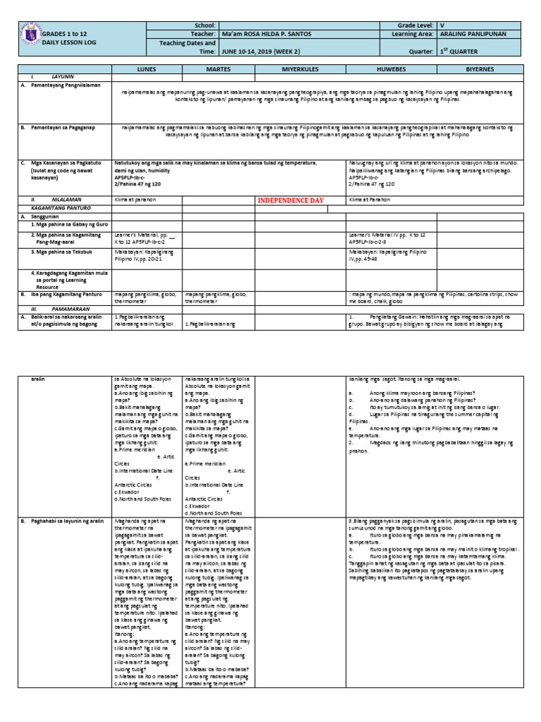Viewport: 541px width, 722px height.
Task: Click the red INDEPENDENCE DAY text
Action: pos(290,200)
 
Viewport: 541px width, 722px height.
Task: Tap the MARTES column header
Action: pos(216,71)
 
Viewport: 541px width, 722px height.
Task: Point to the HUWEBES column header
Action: pos(392,71)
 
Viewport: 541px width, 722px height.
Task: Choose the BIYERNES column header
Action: pos(484,71)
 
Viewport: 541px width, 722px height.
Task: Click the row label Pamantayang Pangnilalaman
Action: pos(63,85)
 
